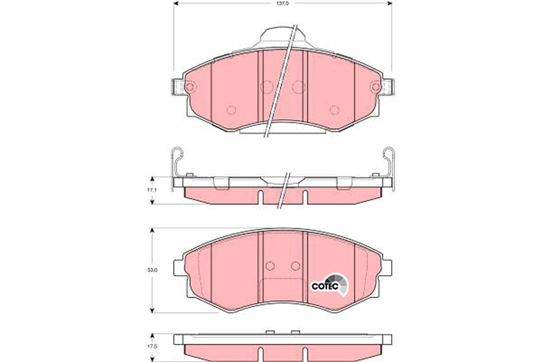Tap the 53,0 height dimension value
pyautogui.click(x=153, y=270)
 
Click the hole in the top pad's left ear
pyautogui.click(x=189, y=86)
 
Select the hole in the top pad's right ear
pyautogui.click(x=375, y=86)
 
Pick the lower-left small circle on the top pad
pyautogui.click(x=231, y=110)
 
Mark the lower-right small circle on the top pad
pyautogui.click(x=334, y=110)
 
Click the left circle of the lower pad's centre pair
pyautogui.click(x=270, y=266)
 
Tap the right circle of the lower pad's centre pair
pyautogui.click(x=295, y=266)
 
